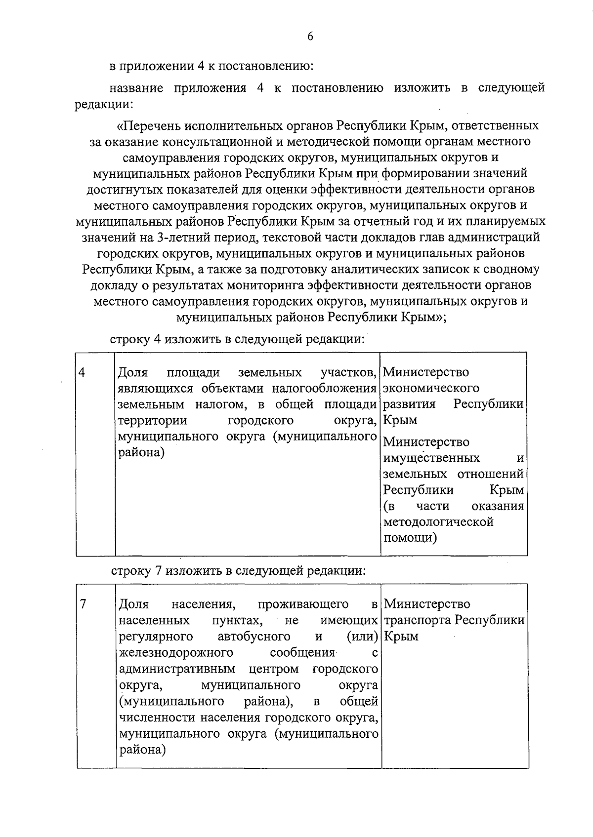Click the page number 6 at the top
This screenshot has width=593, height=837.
pos(310,37)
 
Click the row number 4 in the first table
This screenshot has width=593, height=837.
pos(82,372)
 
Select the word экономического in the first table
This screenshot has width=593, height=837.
pos(431,388)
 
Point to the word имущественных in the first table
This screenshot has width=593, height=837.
pos(431,458)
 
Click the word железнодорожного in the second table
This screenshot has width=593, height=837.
pos(176,653)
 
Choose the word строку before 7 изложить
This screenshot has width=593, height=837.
pos(130,571)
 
